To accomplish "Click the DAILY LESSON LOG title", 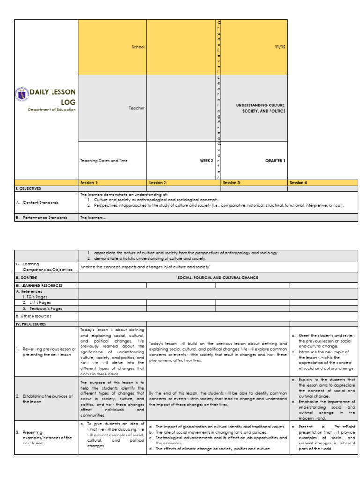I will pos(52,97).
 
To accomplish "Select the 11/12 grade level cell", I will pos(280,47).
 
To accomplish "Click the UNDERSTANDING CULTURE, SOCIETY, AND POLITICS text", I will pos(261,108).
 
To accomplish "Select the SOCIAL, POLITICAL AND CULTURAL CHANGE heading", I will pos(217,277).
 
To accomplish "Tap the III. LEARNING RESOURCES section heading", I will pos(39,285).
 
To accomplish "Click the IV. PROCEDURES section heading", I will pos(32,323).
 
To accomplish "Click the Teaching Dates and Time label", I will pos(104,160).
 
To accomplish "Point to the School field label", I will pos(138,47).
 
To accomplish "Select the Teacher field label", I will pos(137,108).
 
